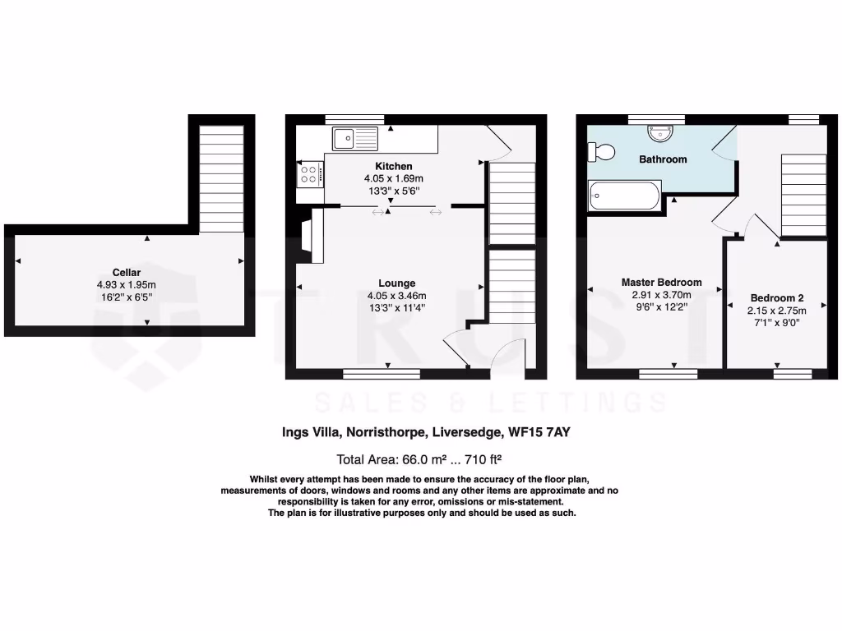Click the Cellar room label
[x=127, y=273]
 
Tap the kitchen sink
[x=354, y=137]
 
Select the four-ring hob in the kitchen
[x=311, y=174]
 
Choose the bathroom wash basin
[x=660, y=131]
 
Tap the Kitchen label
[x=393, y=167]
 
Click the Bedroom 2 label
[x=776, y=298]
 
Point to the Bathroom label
[x=663, y=159]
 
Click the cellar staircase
[x=221, y=179]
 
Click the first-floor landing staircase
[x=803, y=195]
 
